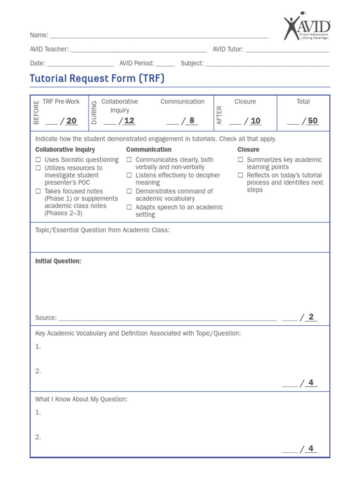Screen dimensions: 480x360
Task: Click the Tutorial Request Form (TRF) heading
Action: pyautogui.click(x=97, y=78)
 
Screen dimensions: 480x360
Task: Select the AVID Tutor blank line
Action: pyautogui.click(x=287, y=50)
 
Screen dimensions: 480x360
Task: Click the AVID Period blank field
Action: pyautogui.click(x=165, y=64)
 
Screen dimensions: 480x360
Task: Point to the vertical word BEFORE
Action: pyautogui.click(x=37, y=112)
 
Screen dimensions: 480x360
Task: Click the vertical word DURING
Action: pyautogui.click(x=94, y=112)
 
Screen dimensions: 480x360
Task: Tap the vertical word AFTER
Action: pyautogui.click(x=219, y=115)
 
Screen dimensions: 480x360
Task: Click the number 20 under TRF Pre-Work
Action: pyautogui.click(x=71, y=121)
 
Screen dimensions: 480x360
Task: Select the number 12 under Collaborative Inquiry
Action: pyautogui.click(x=129, y=121)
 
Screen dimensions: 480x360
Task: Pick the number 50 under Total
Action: pyautogui.click(x=313, y=121)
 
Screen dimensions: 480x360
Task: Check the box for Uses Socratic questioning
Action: pyautogui.click(x=38, y=160)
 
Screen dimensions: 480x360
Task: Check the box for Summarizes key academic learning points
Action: pyautogui.click(x=240, y=160)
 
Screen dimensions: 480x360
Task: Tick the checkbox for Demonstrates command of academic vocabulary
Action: pyautogui.click(x=129, y=191)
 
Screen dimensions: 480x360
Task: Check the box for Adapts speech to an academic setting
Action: pyautogui.click(x=129, y=207)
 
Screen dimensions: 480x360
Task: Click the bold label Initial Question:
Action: pyautogui.click(x=58, y=261)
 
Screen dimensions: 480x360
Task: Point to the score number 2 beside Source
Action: pyautogui.click(x=311, y=317)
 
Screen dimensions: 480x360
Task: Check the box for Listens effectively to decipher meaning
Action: pyautogui.click(x=129, y=175)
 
